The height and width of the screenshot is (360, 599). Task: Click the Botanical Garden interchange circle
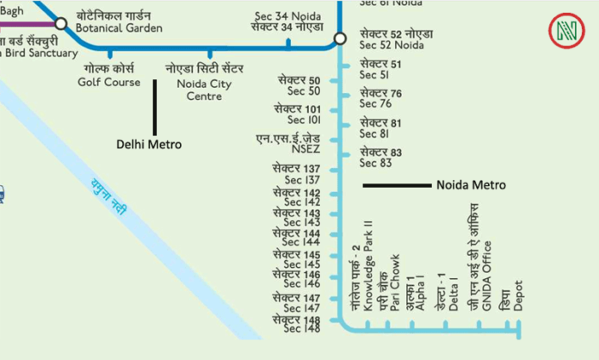[x=60, y=23]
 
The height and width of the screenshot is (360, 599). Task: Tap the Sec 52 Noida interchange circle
[x=340, y=37]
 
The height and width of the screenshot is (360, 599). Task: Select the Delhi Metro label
[x=149, y=145]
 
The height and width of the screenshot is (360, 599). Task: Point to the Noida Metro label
[x=471, y=185]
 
